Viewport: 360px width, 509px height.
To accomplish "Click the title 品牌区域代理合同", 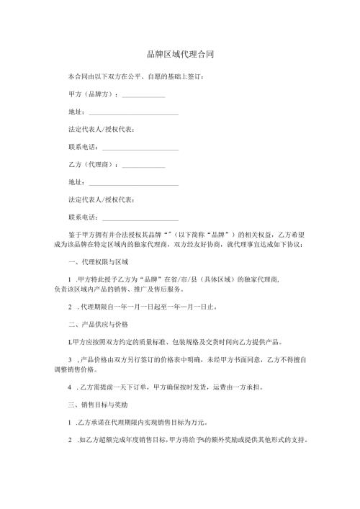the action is tap(180, 55).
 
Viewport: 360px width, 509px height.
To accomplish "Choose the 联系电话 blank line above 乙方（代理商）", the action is tap(140, 148).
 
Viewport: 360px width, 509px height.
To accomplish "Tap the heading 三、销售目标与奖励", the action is tap(98, 405).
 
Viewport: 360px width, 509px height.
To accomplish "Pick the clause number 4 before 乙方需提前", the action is tap(70, 387).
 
